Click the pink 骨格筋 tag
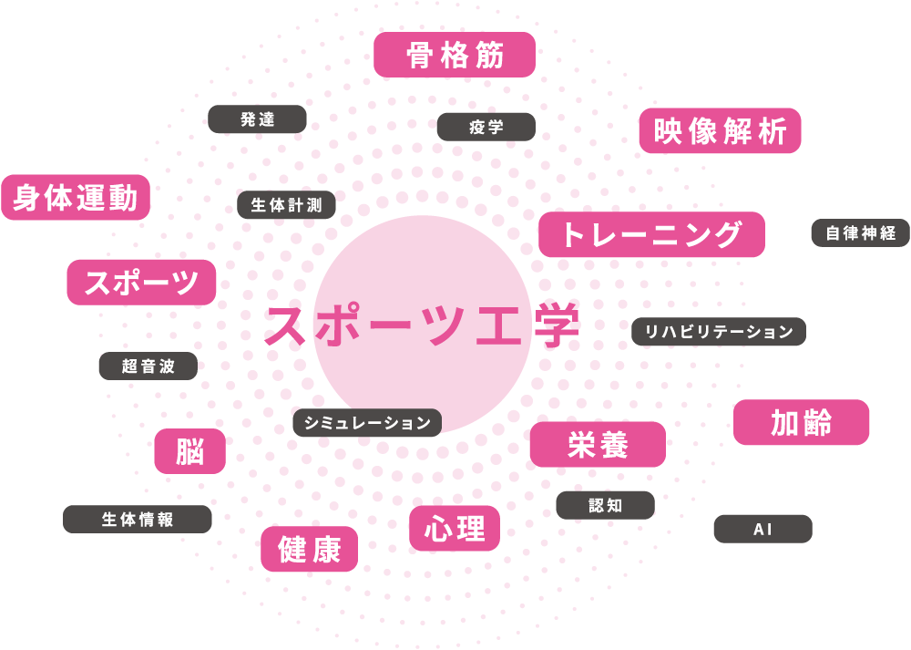click(455, 55)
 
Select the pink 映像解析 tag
click(720, 131)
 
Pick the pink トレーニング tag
click(651, 234)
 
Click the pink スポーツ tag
click(141, 282)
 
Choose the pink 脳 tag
click(189, 451)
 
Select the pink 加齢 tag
click(801, 423)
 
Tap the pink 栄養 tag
click(598, 444)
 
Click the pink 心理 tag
click(455, 528)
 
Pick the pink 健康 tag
click(310, 550)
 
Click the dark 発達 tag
click(257, 119)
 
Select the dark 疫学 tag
click(486, 127)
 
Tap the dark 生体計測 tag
click(286, 205)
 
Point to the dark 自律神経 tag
click(860, 233)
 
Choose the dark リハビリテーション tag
click(719, 332)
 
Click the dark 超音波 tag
click(148, 366)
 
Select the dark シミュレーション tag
click(367, 423)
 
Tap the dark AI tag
click(763, 529)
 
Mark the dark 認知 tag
click(605, 505)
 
